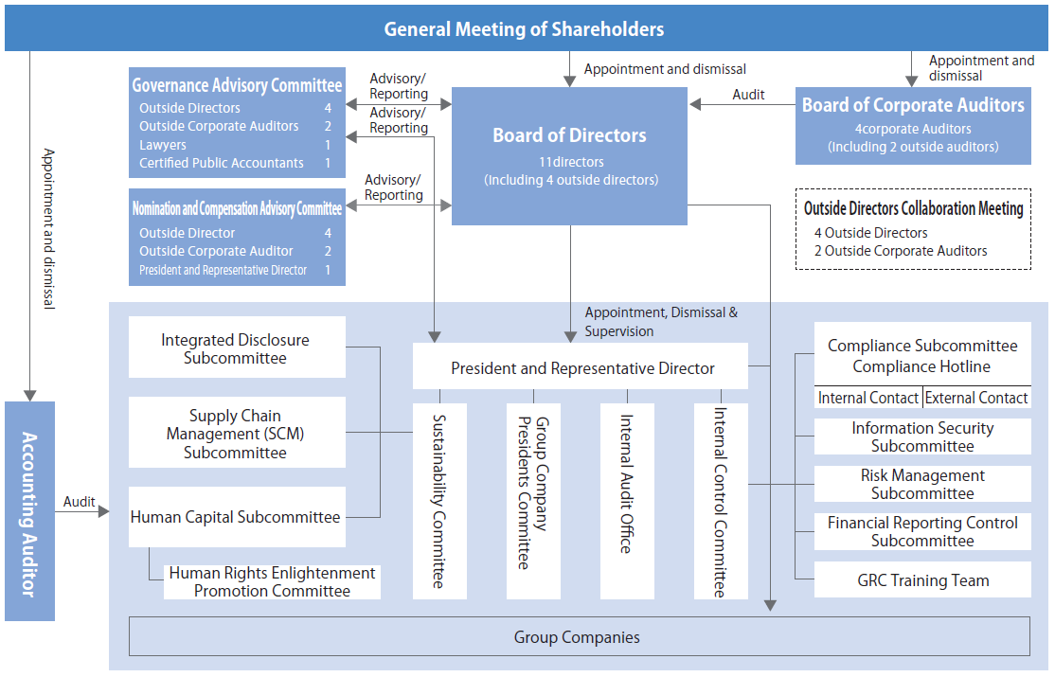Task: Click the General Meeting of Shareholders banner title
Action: pyautogui.click(x=524, y=29)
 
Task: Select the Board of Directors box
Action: pyautogui.click(x=569, y=155)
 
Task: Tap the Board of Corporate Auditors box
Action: pyautogui.click(x=913, y=125)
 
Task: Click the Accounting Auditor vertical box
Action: pyautogui.click(x=29, y=511)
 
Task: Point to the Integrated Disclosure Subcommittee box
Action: pyautogui.click(x=235, y=348)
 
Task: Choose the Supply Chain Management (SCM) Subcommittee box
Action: pyautogui.click(x=235, y=434)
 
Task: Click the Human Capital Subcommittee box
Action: pyautogui.click(x=235, y=517)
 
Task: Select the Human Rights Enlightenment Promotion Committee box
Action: pyautogui.click(x=272, y=581)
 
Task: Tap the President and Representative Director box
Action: pyautogui.click(x=581, y=367)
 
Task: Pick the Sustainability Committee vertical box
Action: pyautogui.click(x=439, y=501)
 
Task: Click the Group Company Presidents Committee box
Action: pyautogui.click(x=533, y=501)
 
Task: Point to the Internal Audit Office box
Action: pyautogui.click(x=627, y=501)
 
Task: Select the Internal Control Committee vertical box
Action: pyautogui.click(x=721, y=501)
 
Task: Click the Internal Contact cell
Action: pyautogui.click(x=867, y=398)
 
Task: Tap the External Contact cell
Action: pyautogui.click(x=976, y=398)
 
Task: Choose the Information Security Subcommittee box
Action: pyautogui.click(x=922, y=436)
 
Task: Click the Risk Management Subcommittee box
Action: pyautogui.click(x=922, y=484)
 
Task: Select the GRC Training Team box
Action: pyautogui.click(x=922, y=580)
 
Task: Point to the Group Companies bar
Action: pyautogui.click(x=578, y=637)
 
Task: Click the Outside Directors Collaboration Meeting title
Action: pyautogui.click(x=913, y=208)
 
